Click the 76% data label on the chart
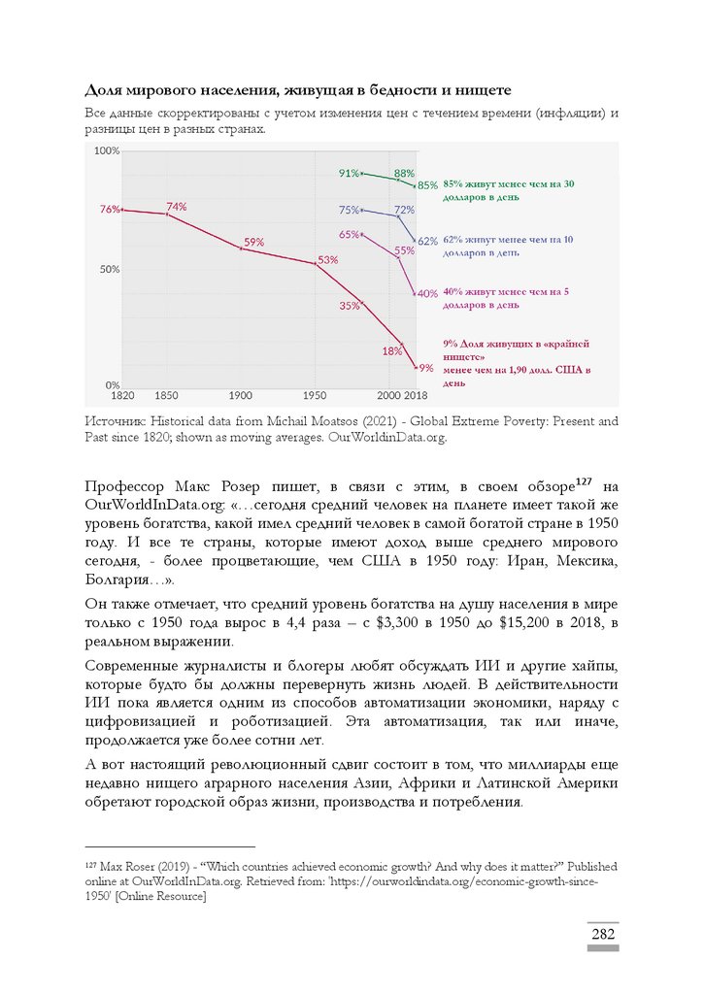109,209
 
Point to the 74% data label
176,206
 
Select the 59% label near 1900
254,242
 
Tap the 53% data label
327,259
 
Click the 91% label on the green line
349,173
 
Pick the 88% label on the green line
404,173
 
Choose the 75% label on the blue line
349,210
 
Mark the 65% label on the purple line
349,234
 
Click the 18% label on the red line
391,350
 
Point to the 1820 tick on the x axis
122,395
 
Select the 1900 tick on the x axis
240,395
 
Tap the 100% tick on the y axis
107,150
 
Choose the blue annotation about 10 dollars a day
507,245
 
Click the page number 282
603,934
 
